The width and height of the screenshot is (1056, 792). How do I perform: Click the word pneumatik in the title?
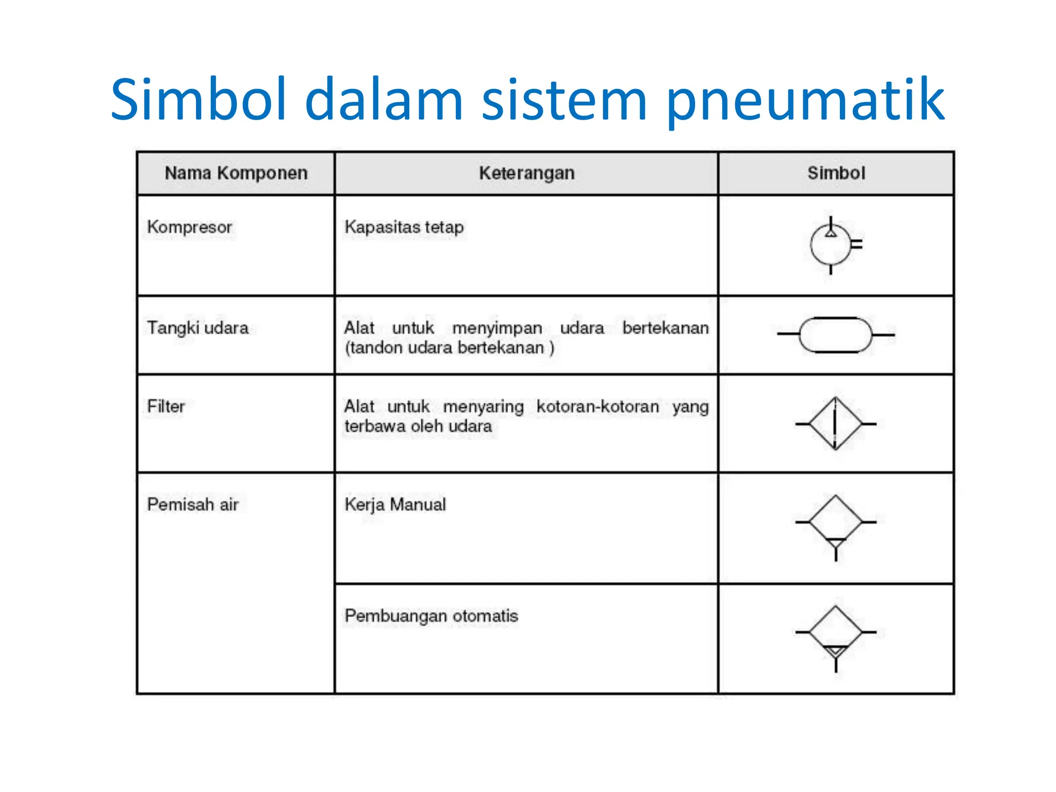click(x=805, y=101)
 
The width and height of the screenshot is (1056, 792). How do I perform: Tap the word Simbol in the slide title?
click(x=198, y=99)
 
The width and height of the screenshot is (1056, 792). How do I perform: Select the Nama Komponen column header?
click(x=236, y=173)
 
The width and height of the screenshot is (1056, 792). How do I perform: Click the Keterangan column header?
click(x=526, y=173)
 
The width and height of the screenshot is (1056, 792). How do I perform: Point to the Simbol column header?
click(x=836, y=173)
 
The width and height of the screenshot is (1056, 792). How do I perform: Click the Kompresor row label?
click(x=189, y=227)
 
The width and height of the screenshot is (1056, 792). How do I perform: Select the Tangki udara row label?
click(x=197, y=328)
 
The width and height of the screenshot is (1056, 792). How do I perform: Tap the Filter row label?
click(x=166, y=406)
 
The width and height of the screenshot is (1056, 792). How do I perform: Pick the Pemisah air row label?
click(x=193, y=504)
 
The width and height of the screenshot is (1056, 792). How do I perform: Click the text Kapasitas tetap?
click(x=404, y=227)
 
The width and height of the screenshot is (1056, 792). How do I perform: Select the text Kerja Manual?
click(x=395, y=504)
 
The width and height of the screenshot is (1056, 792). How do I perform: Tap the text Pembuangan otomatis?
click(x=431, y=616)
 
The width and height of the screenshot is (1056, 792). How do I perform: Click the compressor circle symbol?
click(x=831, y=245)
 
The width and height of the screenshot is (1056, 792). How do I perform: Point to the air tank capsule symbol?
click(x=835, y=335)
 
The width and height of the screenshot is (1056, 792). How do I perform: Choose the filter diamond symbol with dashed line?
click(x=835, y=424)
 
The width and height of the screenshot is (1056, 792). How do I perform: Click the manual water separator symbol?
click(x=835, y=523)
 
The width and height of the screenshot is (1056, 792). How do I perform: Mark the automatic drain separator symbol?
click(x=835, y=634)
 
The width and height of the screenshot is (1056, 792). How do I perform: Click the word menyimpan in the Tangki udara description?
click(x=497, y=328)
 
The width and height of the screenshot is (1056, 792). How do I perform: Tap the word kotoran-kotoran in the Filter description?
click(x=598, y=406)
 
